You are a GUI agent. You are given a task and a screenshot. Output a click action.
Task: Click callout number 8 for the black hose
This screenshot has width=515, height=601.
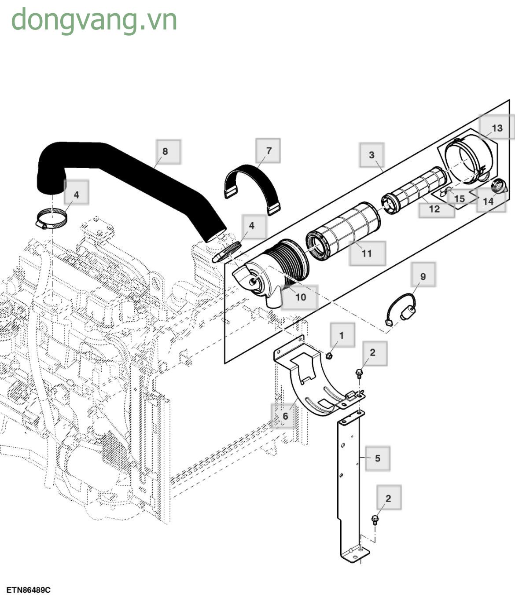[x=165, y=151]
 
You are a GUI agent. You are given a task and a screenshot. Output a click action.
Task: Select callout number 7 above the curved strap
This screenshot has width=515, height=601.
[x=269, y=150]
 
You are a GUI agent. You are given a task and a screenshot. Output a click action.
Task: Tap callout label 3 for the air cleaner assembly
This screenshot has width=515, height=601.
[x=372, y=155]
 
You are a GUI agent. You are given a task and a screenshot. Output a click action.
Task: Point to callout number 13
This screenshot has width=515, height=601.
[x=497, y=128]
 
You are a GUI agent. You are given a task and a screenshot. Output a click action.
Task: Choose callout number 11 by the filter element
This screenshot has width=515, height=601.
[x=367, y=253]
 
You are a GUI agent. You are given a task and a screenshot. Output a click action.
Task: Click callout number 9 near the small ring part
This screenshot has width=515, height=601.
[x=423, y=276]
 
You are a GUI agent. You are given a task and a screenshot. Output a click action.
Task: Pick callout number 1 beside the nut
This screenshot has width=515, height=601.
[x=342, y=335]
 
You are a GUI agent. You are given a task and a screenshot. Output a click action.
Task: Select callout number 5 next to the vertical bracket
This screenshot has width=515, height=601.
[x=378, y=458]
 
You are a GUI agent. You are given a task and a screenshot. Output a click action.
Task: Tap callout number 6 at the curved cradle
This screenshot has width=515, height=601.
[x=285, y=416]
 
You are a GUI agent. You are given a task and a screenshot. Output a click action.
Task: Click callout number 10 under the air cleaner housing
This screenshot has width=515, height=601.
[x=301, y=297]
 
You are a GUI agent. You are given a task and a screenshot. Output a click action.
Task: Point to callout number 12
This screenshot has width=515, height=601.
[x=434, y=209]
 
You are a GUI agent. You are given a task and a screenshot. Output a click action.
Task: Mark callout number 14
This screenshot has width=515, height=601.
[x=488, y=201]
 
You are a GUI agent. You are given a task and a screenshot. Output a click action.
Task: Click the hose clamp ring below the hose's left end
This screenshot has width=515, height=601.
[x=51, y=218]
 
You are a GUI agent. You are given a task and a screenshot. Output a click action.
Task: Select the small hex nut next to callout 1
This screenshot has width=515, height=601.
[x=329, y=355]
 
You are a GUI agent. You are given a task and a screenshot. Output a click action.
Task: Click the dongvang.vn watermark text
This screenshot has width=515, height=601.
[x=94, y=20]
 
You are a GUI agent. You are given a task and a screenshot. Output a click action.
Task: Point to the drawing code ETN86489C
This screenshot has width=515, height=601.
[x=29, y=590]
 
